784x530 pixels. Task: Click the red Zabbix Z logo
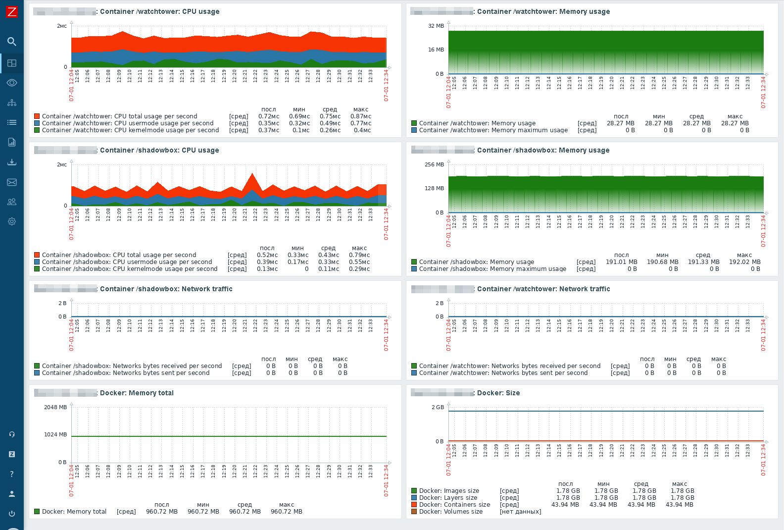11,11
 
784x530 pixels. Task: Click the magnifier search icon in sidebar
12,42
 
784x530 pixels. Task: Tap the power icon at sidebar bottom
12,514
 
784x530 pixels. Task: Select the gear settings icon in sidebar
12,221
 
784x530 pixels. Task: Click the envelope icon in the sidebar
12,182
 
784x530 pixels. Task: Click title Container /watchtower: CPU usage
159,11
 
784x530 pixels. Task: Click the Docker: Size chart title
498,393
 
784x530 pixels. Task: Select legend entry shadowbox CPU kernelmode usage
130,269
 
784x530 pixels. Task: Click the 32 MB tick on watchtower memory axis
436,26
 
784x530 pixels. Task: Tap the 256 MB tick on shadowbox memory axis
434,164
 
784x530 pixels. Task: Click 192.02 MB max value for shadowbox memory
744,262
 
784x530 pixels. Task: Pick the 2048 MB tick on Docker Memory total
55,407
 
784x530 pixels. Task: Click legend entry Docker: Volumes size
450,512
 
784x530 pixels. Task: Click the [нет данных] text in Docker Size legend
520,512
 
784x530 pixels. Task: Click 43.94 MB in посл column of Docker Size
565,505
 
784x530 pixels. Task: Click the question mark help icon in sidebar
12,474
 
